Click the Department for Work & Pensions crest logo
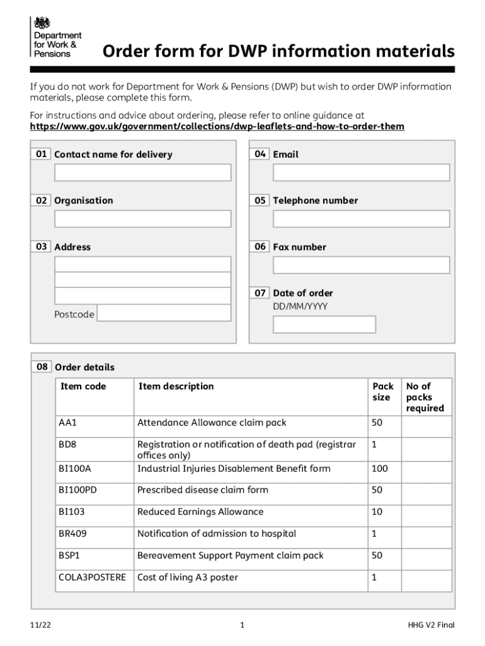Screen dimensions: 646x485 42,24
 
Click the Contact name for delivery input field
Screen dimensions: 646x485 142,172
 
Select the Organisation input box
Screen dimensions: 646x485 142,219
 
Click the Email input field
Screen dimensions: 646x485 361,172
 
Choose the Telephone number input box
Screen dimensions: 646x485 361,219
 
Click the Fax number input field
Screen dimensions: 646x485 361,265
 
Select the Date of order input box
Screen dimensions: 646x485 324,324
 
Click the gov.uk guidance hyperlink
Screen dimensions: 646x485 217,127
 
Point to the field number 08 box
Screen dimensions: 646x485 42,367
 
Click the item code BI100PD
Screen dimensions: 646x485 77,490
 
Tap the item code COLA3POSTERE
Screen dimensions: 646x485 92,578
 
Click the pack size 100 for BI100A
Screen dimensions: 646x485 380,469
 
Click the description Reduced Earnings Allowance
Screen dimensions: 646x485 200,512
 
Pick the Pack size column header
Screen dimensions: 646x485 382,392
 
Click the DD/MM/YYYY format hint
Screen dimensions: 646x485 300,307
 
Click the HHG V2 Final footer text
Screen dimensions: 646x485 430,625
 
